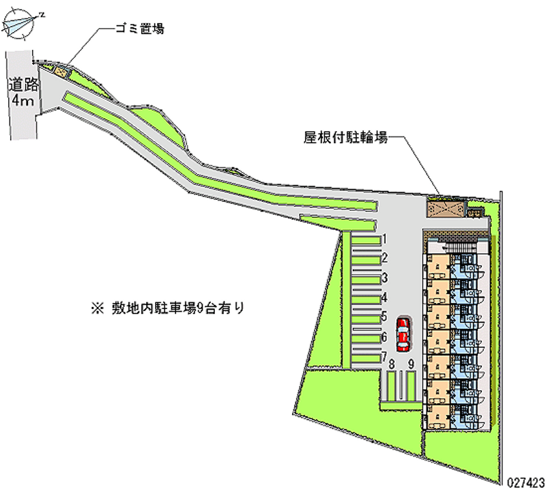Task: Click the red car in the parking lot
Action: [x=404, y=331]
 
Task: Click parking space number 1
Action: [x=366, y=240]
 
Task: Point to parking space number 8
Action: [x=392, y=386]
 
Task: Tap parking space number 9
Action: [x=410, y=386]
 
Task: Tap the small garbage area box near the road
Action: [x=61, y=69]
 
